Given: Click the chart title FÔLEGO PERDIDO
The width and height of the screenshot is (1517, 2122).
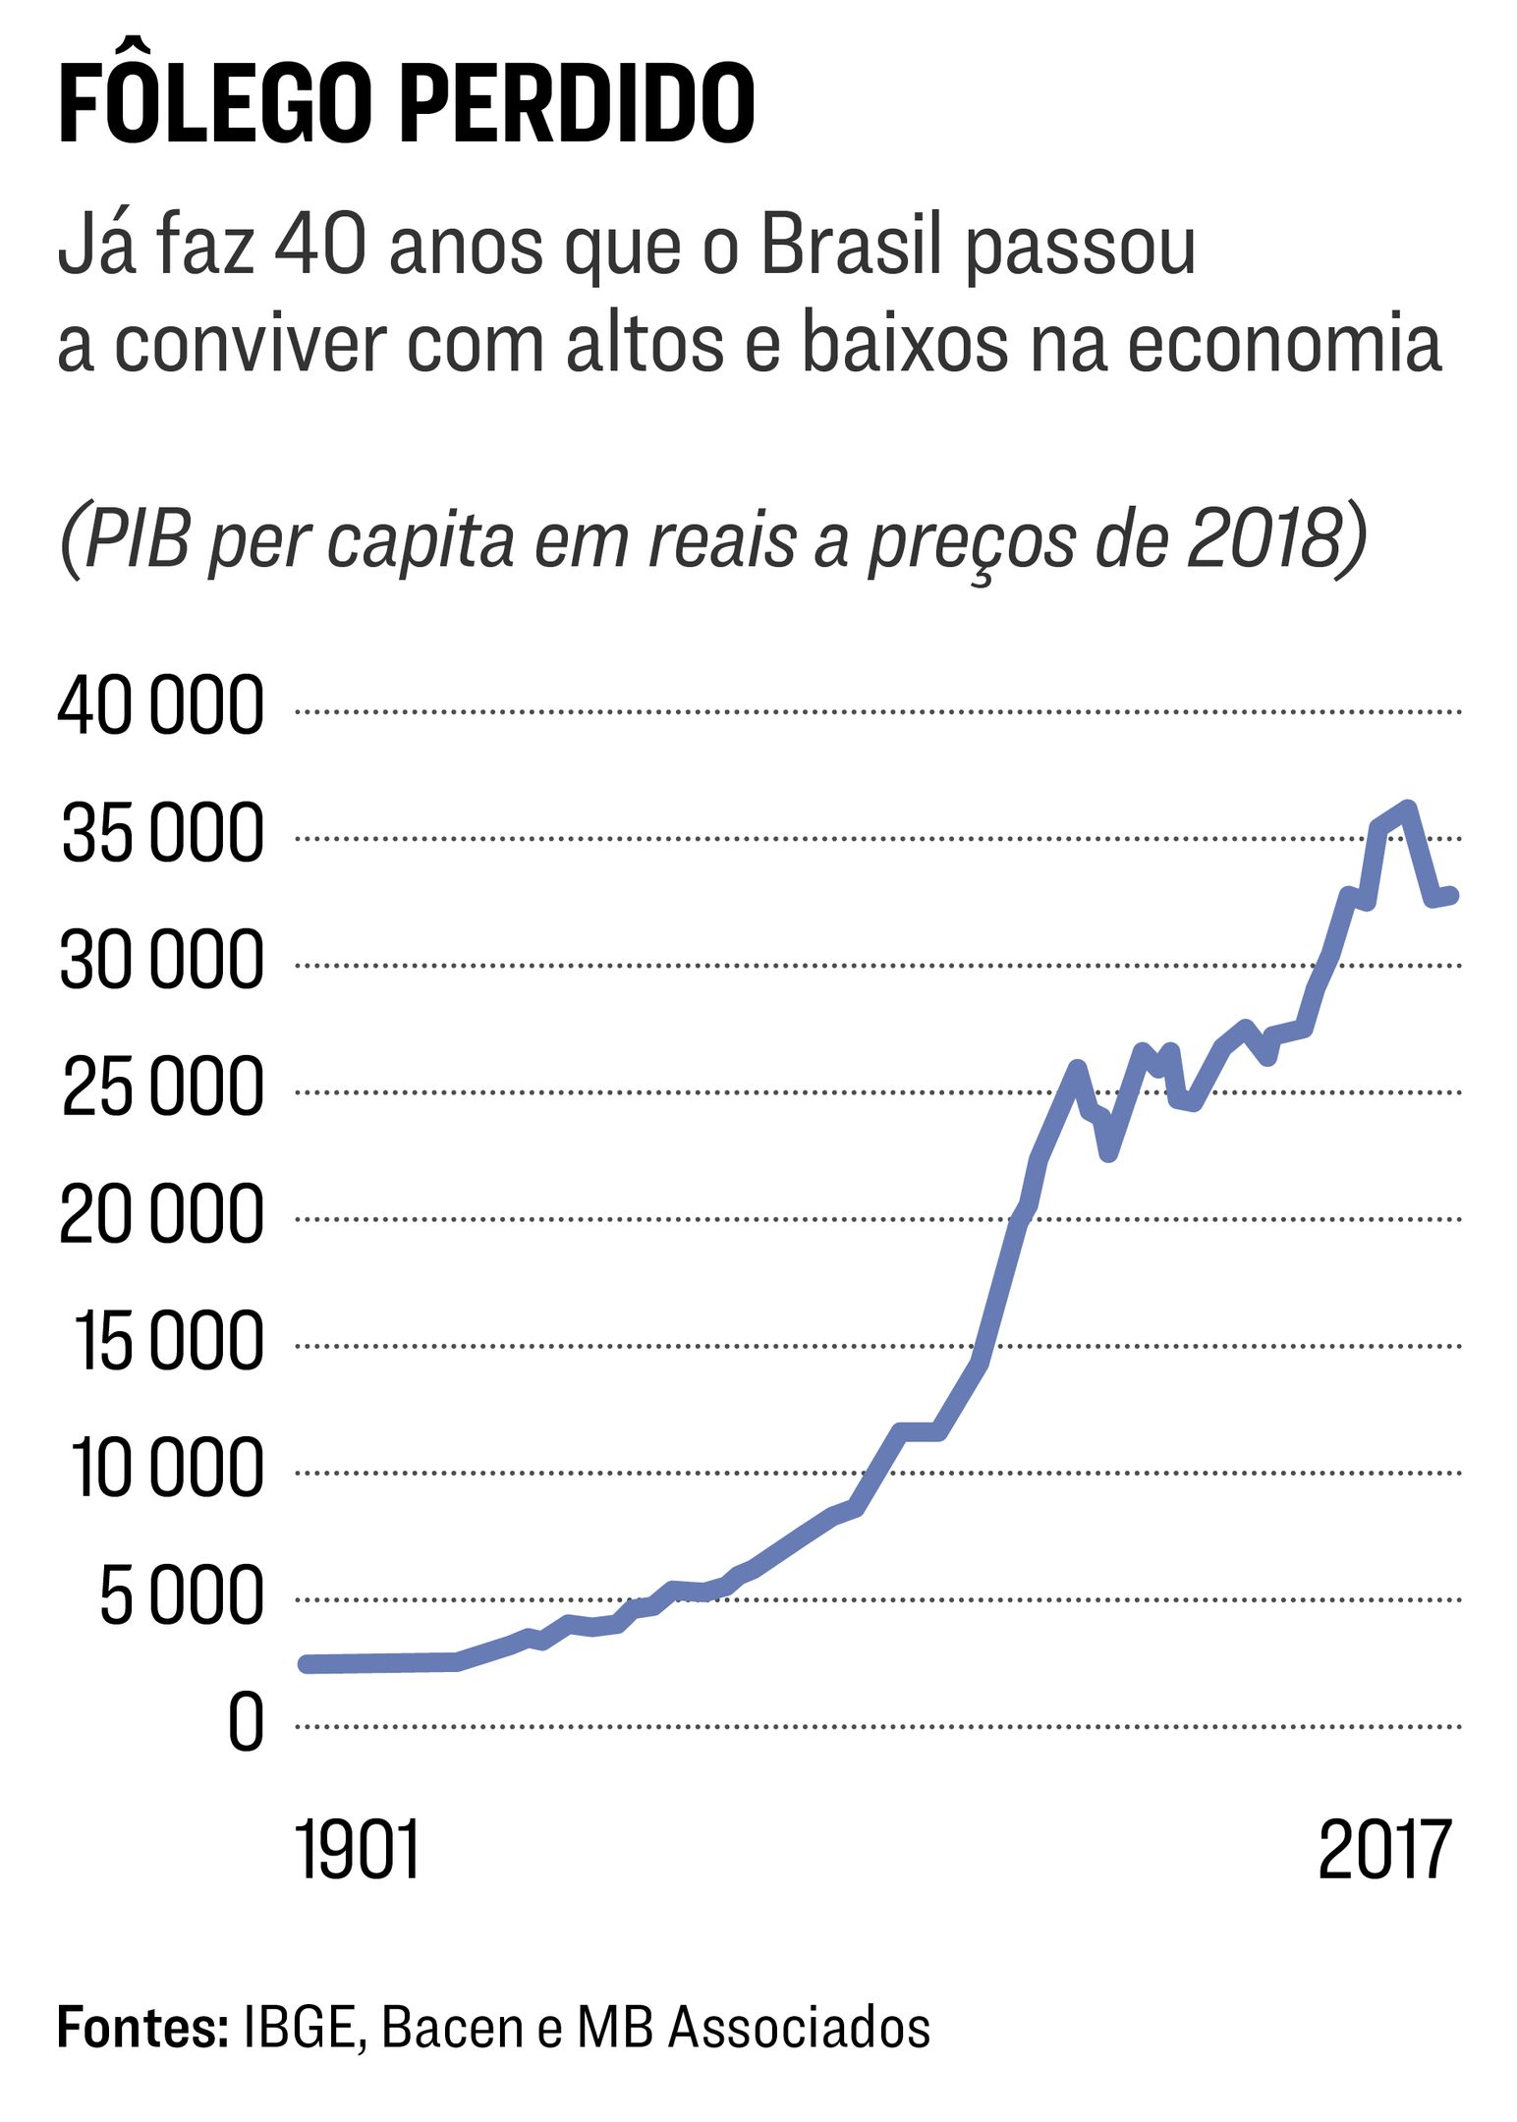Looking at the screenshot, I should tap(406, 104).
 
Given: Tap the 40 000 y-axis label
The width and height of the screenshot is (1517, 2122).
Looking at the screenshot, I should tap(161, 707).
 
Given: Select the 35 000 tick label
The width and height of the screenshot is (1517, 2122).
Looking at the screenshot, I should tap(163, 835).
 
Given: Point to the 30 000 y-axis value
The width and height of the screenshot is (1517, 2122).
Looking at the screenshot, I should tap(162, 962).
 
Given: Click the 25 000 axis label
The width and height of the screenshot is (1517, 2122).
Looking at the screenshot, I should tap(163, 1089).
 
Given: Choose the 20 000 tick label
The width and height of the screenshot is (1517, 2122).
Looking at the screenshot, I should tap(162, 1216).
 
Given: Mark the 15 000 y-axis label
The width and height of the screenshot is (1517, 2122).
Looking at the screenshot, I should tap(169, 1343).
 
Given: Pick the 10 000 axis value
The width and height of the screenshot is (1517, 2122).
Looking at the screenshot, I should tap(167, 1470).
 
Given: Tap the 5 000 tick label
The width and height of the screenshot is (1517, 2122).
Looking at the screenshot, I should tap(182, 1596).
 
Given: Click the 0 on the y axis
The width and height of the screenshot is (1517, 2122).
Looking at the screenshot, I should tap(246, 1723).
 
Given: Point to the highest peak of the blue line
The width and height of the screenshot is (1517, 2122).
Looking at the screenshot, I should tap(1407, 809).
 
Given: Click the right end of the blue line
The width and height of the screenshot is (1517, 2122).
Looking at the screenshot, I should tap(1451, 894).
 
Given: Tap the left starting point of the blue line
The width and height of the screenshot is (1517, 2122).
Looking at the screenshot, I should tap(307, 1663).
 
